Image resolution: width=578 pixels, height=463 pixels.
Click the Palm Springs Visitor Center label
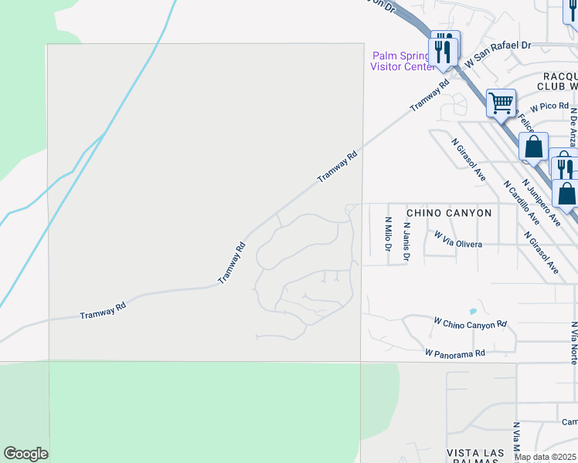(x=403, y=61)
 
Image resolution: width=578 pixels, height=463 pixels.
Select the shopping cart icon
(x=501, y=102)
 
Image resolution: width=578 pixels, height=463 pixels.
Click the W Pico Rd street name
(x=549, y=106)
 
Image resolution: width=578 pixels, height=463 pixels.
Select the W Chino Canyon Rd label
(x=470, y=323)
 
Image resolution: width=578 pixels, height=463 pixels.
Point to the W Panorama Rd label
(x=454, y=353)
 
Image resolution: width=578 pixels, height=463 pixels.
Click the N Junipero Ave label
(x=541, y=203)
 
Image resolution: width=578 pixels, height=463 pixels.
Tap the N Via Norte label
(x=573, y=343)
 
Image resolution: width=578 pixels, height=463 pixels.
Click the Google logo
(x=25, y=454)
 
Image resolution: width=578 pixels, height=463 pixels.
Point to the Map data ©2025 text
(x=546, y=457)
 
